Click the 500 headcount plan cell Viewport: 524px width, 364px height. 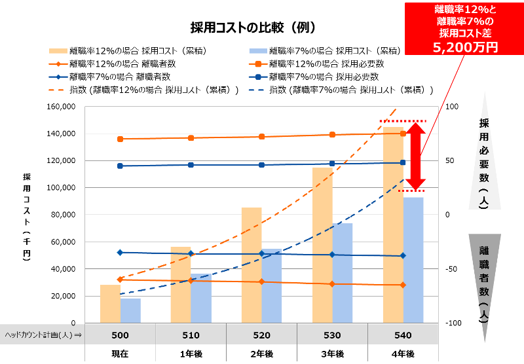click(120, 335)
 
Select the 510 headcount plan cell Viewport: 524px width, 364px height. click(191, 335)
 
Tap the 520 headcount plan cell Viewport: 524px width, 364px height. click(261, 335)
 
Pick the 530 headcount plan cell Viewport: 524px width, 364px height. click(332, 335)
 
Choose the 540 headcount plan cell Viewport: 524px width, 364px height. click(403, 335)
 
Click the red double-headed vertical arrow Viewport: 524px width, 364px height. click(415, 156)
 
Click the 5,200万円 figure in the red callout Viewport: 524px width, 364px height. click(465, 46)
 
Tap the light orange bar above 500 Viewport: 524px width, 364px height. click(110, 303)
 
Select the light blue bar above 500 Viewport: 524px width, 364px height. click(131, 310)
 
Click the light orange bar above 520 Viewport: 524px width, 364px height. click(252, 264)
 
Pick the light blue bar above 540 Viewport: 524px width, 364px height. click(413, 259)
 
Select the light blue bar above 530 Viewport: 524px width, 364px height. click(343, 272)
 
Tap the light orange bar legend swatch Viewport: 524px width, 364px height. click(58, 51)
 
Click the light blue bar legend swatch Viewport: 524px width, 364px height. click(258, 51)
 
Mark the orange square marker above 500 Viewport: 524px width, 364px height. click(120, 139)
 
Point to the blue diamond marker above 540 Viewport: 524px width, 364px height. click(403, 255)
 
